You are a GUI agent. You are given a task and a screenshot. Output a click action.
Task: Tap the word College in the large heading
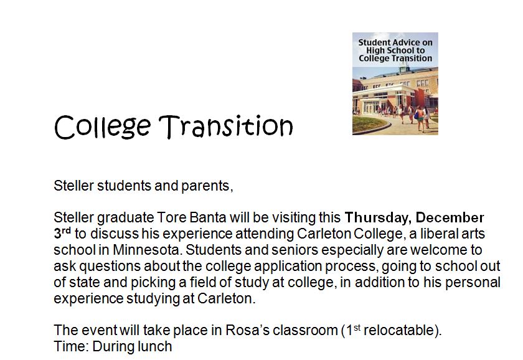(x=102, y=127)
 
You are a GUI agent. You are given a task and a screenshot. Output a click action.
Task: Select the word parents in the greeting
(x=207, y=186)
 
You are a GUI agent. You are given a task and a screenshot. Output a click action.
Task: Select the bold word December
(x=450, y=217)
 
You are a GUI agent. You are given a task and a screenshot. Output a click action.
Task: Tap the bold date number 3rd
(x=62, y=233)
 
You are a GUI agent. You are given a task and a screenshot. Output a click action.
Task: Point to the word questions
(x=110, y=266)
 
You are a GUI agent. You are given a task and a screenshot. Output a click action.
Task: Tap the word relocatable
(x=400, y=330)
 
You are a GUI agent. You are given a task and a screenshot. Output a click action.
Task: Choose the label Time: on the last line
(x=71, y=346)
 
